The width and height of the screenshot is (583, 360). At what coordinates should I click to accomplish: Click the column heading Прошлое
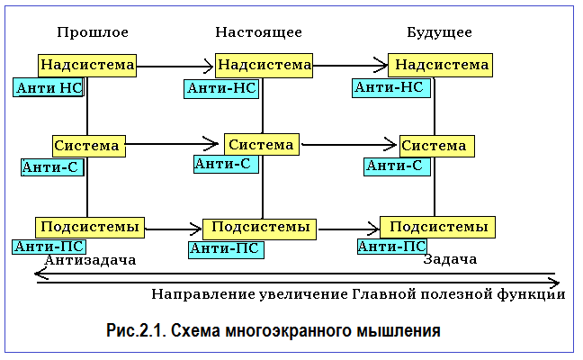point(93,32)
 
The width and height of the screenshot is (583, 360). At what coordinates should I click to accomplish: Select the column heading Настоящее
point(259,32)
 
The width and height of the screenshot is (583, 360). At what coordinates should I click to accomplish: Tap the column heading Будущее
point(439,32)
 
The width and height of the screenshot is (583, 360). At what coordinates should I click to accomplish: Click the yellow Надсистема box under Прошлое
point(87,66)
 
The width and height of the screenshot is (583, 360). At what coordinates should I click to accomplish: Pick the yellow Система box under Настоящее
point(262,144)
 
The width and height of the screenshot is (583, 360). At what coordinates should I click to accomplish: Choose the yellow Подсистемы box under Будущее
point(437,227)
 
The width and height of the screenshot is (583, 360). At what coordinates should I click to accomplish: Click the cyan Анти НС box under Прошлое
point(49,88)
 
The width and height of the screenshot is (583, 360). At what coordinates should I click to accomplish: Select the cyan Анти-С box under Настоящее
point(226,164)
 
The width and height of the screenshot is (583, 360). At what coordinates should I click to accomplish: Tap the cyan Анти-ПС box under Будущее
point(392,247)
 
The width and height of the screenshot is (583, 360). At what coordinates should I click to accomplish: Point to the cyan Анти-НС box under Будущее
point(391,88)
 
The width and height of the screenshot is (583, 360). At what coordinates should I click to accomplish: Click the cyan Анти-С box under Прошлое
point(52,167)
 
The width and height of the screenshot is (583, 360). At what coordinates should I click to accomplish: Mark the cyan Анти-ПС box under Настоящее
point(226,249)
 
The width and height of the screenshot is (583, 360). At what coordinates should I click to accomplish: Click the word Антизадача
point(90,260)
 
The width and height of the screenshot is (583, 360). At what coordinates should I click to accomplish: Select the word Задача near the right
point(450,259)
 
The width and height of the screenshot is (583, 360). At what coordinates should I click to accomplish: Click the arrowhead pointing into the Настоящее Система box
point(212,144)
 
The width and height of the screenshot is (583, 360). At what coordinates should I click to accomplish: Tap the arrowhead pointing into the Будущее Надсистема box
point(381,65)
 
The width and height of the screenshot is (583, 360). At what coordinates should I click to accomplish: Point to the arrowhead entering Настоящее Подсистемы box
point(195,229)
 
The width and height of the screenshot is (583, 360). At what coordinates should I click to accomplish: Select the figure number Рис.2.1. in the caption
point(136,330)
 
